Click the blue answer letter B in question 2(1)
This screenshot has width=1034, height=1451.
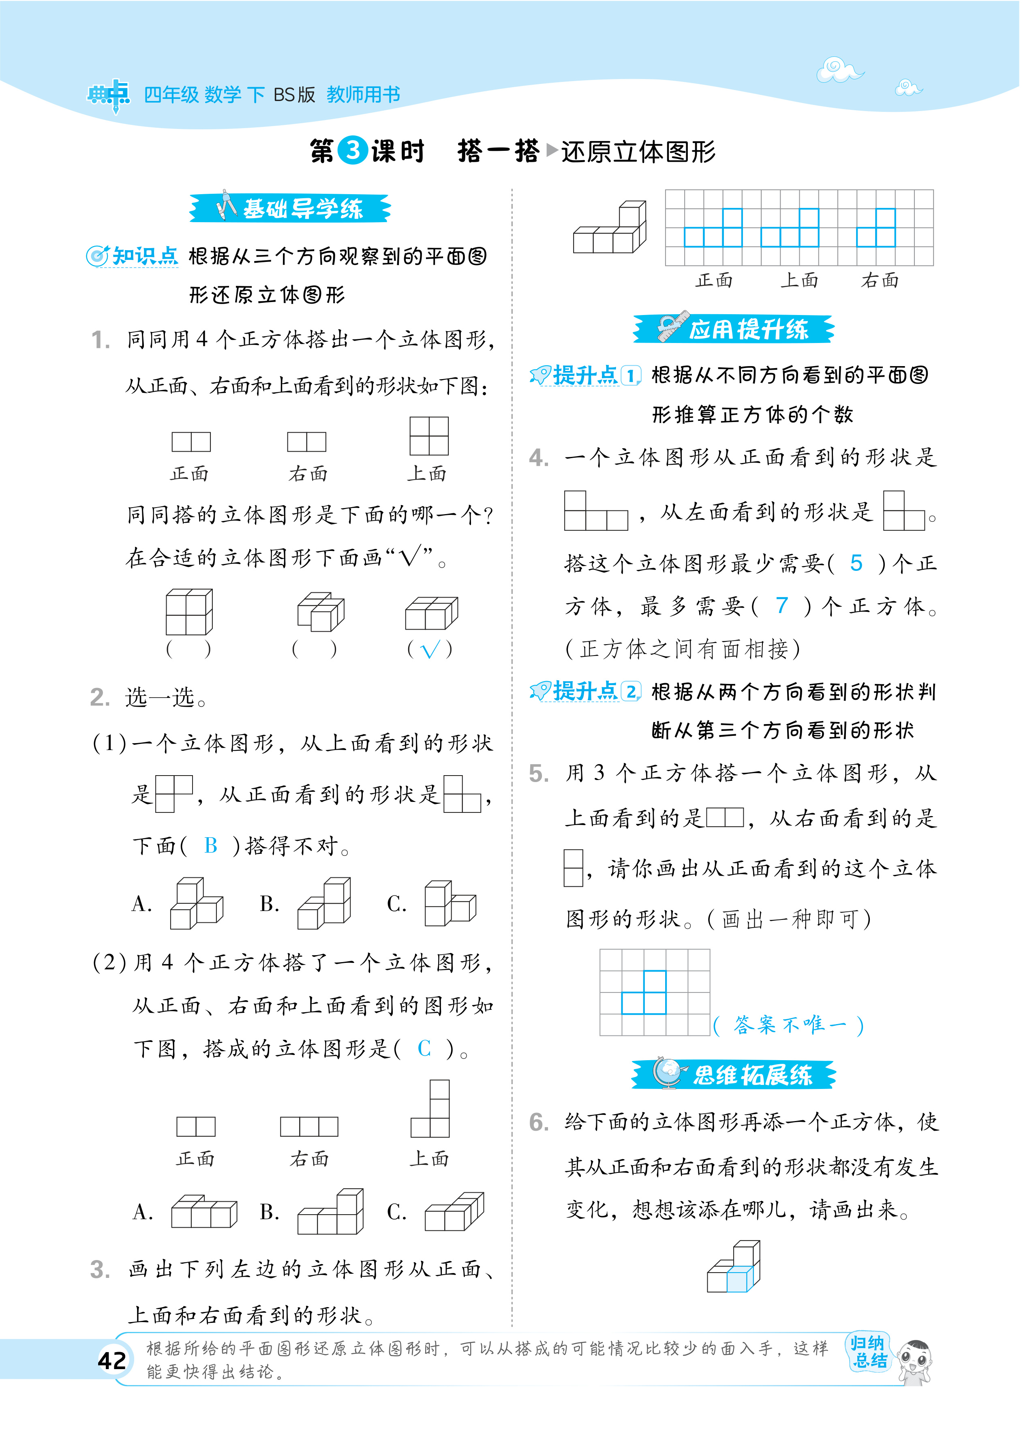[211, 846]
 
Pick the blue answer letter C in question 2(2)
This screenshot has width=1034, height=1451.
[424, 1048]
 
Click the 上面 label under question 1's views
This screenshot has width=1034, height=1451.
[427, 473]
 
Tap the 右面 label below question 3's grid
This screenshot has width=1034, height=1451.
[880, 280]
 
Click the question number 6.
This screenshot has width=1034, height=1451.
[539, 1123]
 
